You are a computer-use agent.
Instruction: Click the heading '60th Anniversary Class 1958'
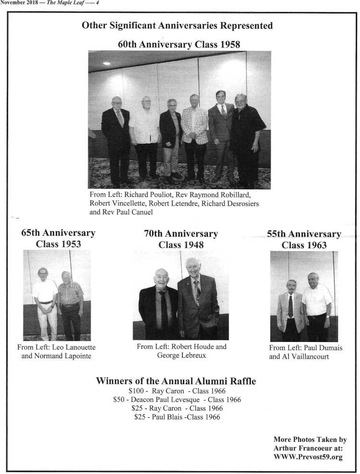tap(179, 44)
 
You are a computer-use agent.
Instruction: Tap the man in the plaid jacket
tap(194, 134)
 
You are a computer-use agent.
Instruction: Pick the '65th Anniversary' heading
tap(58, 233)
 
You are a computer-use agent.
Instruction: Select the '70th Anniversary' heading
tap(180, 234)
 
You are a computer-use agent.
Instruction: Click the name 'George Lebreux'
tap(180, 355)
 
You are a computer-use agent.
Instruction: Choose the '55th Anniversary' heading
tap(304, 234)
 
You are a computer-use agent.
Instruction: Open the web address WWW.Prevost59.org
tap(308, 457)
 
